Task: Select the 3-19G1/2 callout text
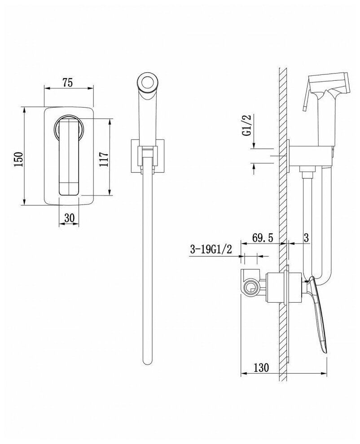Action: coord(210,250)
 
